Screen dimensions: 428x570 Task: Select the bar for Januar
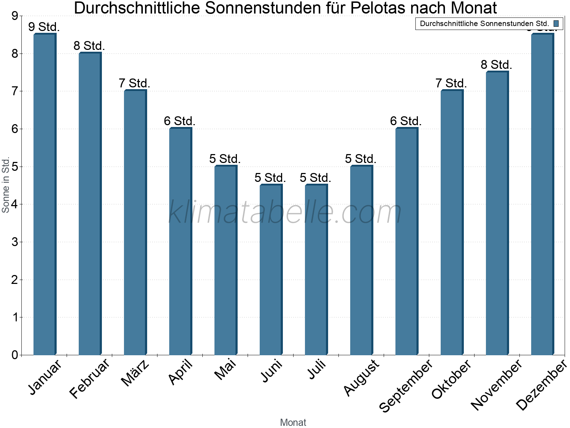(45, 194)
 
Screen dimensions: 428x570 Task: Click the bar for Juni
(271, 270)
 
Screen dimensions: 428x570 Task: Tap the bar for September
(406, 241)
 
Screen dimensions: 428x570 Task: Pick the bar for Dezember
(542, 194)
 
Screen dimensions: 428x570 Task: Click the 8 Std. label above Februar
(89, 46)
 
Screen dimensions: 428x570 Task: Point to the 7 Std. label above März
(134, 83)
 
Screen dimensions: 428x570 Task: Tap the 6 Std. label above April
(180, 121)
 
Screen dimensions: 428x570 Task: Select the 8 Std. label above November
(496, 65)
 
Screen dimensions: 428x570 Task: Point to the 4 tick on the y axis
(15, 204)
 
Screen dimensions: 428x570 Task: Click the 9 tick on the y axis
(15, 16)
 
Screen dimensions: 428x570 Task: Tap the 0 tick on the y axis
(15, 355)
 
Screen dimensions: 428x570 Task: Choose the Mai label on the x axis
(225, 370)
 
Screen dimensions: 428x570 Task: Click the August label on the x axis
(362, 377)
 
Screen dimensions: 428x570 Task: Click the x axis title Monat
(293, 422)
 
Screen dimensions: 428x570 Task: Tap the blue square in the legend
(556, 24)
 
